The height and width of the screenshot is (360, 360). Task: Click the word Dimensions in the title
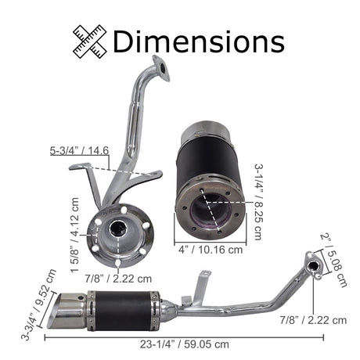(198, 41)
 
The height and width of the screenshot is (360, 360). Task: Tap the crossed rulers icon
(91, 41)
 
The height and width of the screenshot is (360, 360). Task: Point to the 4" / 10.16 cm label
(210, 251)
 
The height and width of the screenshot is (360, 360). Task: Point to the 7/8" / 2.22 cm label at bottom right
(313, 319)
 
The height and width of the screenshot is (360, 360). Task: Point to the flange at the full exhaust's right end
(315, 265)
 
